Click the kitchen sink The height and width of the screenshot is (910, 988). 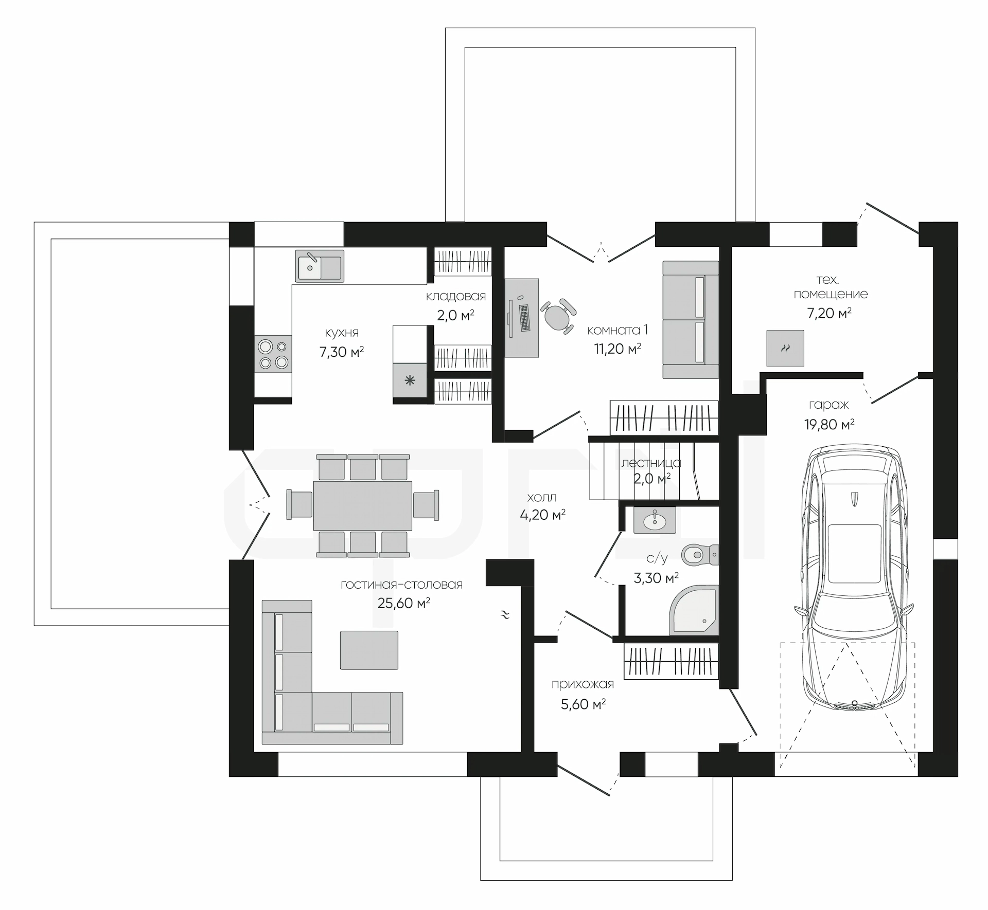pyautogui.click(x=320, y=266)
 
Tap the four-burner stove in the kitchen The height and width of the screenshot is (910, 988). pyautogui.click(x=273, y=354)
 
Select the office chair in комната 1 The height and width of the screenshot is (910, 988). pyautogui.click(x=558, y=316)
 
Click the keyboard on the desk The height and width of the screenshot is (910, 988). pyautogui.click(x=524, y=318)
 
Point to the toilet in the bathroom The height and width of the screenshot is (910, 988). pyautogui.click(x=700, y=555)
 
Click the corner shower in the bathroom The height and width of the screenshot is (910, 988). pyautogui.click(x=694, y=610)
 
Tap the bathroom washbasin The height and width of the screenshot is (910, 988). pyautogui.click(x=655, y=521)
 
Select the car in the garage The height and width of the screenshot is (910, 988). pyautogui.click(x=854, y=578)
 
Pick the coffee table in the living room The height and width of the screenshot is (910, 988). pyautogui.click(x=369, y=650)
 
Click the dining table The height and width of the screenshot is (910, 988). pyautogui.click(x=363, y=505)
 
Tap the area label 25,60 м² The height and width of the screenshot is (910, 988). pyautogui.click(x=404, y=603)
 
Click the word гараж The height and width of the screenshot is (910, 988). pyautogui.click(x=828, y=405)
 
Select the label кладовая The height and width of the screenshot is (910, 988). pyautogui.click(x=456, y=296)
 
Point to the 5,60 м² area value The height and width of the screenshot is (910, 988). pyautogui.click(x=583, y=704)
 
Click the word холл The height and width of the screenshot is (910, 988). pyautogui.click(x=542, y=497)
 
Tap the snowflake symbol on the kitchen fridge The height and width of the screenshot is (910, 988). pyautogui.click(x=410, y=381)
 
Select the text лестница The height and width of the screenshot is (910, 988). pyautogui.click(x=651, y=463)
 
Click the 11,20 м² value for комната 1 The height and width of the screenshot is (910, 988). pyautogui.click(x=617, y=349)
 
